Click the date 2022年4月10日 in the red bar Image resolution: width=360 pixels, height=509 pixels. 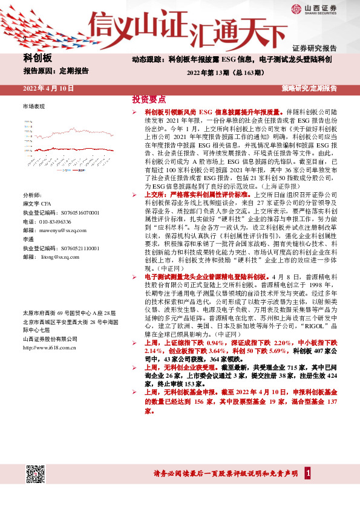click(x=48, y=88)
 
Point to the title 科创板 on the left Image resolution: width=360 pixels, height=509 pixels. click(x=38, y=58)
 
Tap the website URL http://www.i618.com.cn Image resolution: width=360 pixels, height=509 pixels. click(x=49, y=348)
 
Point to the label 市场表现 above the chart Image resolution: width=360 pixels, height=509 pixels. click(x=33, y=106)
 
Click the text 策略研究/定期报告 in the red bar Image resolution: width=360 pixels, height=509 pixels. click(x=309, y=88)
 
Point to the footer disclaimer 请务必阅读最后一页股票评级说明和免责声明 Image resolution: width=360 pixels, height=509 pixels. click(x=222, y=473)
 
